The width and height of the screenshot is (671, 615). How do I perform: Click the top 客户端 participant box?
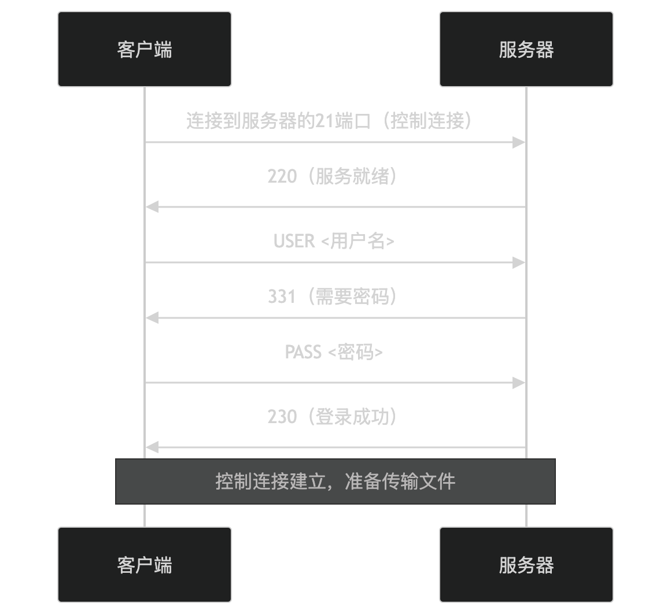[x=145, y=49]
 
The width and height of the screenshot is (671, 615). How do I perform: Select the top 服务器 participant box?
[x=526, y=49]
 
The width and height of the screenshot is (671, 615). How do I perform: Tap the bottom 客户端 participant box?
[x=145, y=565]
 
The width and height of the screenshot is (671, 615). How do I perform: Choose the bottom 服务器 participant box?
[x=526, y=565]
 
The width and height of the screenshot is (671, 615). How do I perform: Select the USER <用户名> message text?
[x=334, y=241]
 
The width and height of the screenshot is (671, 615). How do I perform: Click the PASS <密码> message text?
[x=334, y=352]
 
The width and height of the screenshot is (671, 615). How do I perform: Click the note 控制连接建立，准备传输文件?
[x=335, y=481]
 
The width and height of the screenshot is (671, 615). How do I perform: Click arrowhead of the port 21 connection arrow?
[x=519, y=142]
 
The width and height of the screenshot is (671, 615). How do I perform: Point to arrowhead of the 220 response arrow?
[x=152, y=207]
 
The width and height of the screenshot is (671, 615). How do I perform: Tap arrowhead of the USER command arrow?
[x=519, y=262]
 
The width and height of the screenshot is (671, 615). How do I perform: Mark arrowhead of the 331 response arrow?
[x=152, y=318]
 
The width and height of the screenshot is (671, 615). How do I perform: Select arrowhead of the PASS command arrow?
[x=519, y=383]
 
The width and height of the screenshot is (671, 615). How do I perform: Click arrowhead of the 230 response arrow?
[x=152, y=447]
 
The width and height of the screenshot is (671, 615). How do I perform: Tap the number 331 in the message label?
[x=282, y=297]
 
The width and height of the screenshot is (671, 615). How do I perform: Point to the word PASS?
[x=303, y=352]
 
